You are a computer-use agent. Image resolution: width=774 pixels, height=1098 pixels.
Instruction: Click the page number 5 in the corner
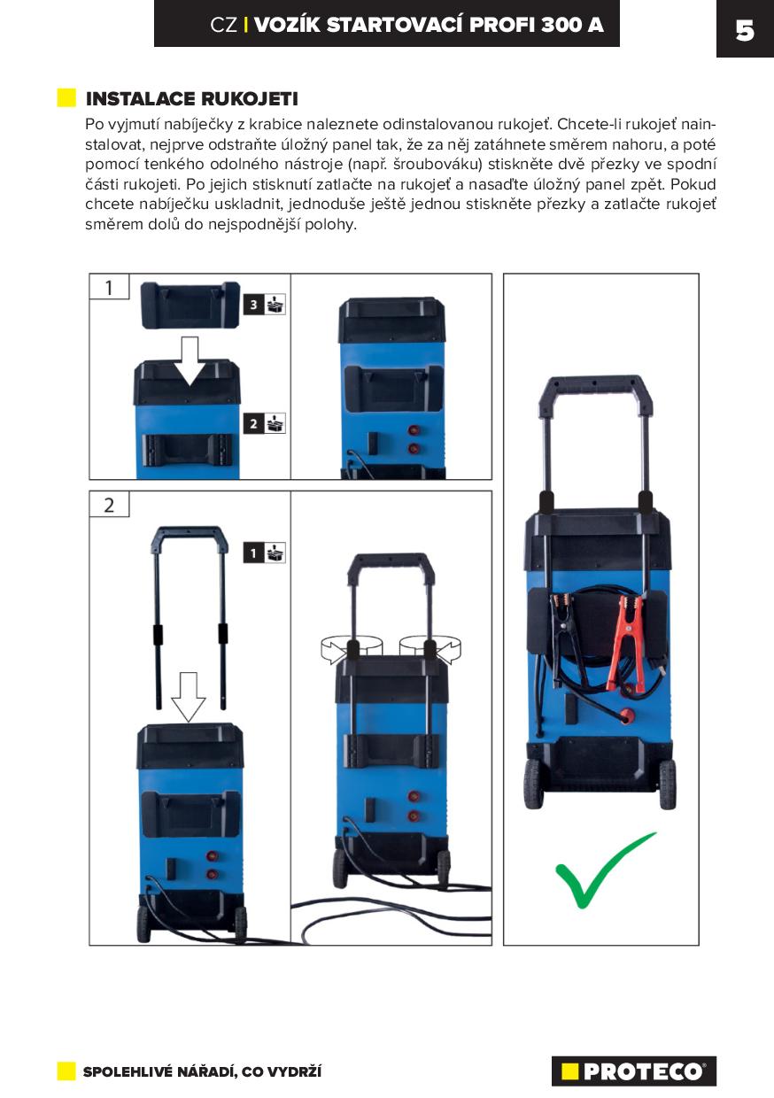click(x=744, y=31)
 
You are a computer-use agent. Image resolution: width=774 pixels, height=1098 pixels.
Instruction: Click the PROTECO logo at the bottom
click(x=634, y=1071)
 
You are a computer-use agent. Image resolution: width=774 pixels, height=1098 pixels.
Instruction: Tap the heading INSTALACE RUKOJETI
click(x=191, y=99)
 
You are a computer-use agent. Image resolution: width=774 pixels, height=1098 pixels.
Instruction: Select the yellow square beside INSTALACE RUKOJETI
click(x=66, y=98)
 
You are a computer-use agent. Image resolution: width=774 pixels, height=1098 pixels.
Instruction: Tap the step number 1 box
click(x=109, y=287)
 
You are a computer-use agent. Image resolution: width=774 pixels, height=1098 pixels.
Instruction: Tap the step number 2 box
click(x=109, y=505)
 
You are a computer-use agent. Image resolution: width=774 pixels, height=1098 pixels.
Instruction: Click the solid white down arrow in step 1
click(x=190, y=360)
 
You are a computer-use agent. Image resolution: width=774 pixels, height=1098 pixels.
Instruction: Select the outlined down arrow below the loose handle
click(x=188, y=697)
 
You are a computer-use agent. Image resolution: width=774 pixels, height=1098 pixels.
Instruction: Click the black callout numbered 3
click(x=253, y=305)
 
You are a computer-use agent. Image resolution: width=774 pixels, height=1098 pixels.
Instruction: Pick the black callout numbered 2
click(x=253, y=423)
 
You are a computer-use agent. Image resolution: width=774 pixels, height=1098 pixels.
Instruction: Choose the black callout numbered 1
click(x=253, y=553)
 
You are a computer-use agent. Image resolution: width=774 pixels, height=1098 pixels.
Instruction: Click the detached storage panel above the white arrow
click(x=190, y=305)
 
